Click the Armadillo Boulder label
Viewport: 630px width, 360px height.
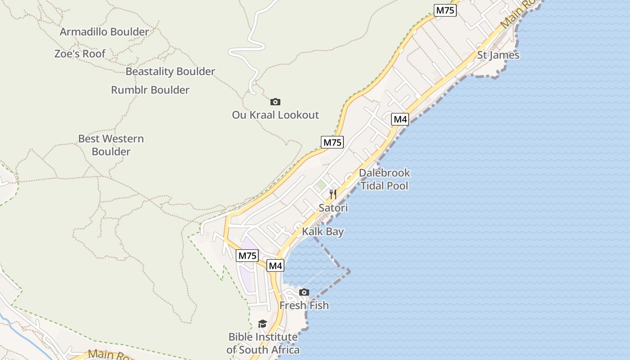pos(104,32)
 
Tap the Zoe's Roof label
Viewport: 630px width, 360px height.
pos(80,54)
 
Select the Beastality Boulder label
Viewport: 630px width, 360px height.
pos(170,72)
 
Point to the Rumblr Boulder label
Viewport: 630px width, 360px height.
pos(150,90)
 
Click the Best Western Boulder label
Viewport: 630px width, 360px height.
pos(111,145)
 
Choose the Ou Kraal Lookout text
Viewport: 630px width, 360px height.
pos(275,115)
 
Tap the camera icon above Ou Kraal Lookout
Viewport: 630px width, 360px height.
pos(275,102)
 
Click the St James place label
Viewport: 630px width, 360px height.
pos(498,55)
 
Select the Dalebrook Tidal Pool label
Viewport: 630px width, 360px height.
pos(384,179)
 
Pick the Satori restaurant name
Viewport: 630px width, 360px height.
pos(333,208)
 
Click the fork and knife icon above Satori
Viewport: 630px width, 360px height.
pos(333,194)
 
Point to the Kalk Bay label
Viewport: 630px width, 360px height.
pos(323,232)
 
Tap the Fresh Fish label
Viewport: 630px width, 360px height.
pos(304,306)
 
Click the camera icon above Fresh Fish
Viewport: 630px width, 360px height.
pos(304,292)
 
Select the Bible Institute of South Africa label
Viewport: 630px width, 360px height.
pos(263,343)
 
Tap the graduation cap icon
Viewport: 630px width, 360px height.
pos(262,324)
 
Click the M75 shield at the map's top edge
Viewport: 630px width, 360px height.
pos(445,10)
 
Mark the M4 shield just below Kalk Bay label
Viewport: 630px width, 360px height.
pos(275,265)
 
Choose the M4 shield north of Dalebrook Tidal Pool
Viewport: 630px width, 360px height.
pos(400,119)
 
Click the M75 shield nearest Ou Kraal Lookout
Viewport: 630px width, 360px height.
pos(333,142)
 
